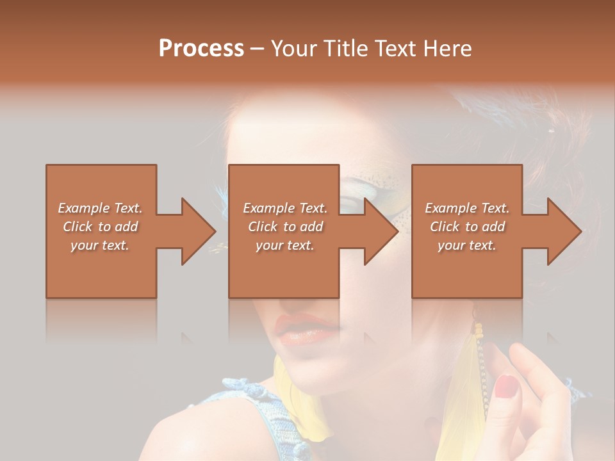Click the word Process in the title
click(x=201, y=49)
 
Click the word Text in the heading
click(x=397, y=49)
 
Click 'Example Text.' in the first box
click(x=101, y=208)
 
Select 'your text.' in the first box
click(x=101, y=245)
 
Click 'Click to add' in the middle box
click(x=285, y=227)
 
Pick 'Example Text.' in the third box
click(x=467, y=208)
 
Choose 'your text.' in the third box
click(x=467, y=245)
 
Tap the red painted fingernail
click(x=507, y=385)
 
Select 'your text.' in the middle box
click(x=285, y=245)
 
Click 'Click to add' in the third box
click(x=467, y=227)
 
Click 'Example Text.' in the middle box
click(x=285, y=208)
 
